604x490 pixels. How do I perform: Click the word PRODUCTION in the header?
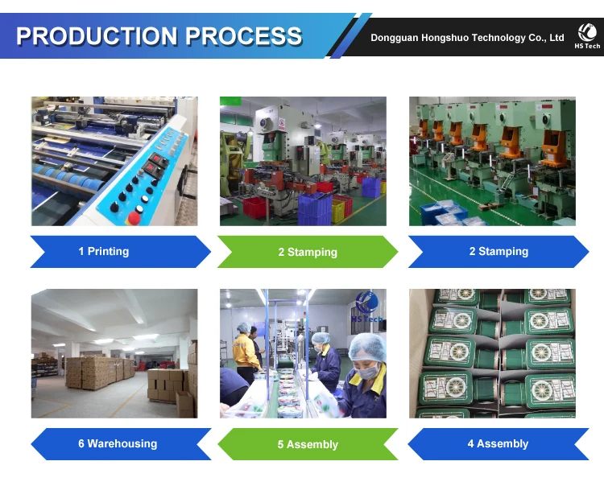click(97, 36)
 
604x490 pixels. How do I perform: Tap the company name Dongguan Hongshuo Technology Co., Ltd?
click(467, 38)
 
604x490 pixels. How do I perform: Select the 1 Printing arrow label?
click(104, 252)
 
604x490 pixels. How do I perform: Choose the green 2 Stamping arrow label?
click(308, 253)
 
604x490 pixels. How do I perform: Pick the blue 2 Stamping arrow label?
click(499, 252)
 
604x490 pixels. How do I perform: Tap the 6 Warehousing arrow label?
click(118, 444)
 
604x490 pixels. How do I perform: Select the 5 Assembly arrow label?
click(308, 445)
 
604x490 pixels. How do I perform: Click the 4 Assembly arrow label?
click(498, 444)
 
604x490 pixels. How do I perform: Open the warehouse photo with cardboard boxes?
click(114, 354)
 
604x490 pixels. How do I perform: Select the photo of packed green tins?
click(492, 354)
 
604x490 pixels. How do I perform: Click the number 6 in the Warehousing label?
click(81, 444)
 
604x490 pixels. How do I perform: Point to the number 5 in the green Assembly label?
click(281, 445)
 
